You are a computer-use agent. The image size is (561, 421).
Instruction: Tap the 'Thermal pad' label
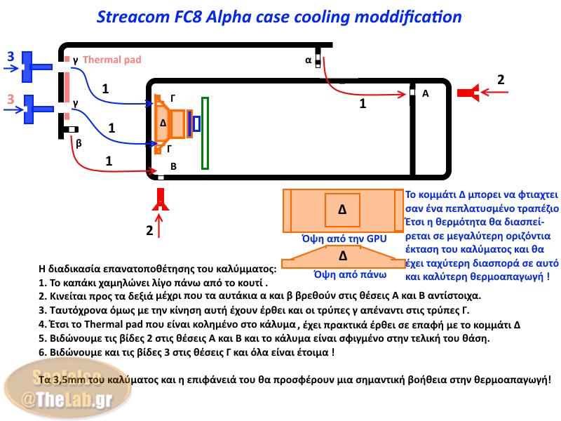(112, 60)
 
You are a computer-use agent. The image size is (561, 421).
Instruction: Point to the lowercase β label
(79, 143)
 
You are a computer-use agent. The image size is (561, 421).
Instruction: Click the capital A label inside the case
(425, 93)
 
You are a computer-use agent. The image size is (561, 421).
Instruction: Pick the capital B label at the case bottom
(173, 166)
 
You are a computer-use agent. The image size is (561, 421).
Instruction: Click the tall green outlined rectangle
(205, 133)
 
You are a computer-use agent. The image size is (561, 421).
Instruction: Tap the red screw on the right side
(471, 93)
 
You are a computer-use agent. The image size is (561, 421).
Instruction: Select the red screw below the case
(161, 201)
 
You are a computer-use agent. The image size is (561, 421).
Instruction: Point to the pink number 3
(11, 100)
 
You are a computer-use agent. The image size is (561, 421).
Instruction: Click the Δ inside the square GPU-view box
(342, 209)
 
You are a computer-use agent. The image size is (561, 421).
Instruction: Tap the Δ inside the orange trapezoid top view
(342, 255)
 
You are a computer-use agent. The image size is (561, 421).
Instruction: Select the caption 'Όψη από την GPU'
(344, 239)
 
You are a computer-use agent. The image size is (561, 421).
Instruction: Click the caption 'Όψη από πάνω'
(341, 274)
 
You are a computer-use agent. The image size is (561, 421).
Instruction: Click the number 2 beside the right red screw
(501, 80)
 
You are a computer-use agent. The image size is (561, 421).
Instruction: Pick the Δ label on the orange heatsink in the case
(163, 123)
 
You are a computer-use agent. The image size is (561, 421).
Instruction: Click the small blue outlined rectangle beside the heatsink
(196, 123)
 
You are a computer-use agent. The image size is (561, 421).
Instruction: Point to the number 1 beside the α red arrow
(363, 103)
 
